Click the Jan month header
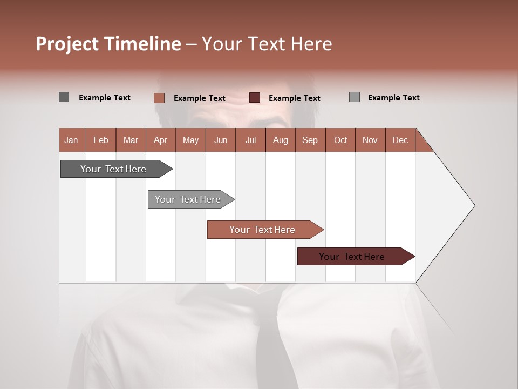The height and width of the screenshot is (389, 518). [x=71, y=140]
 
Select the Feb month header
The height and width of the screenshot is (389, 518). [x=101, y=140]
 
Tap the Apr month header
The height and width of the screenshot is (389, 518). [x=160, y=140]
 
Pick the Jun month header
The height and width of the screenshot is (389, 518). [x=221, y=140]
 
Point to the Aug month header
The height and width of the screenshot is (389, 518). [x=280, y=140]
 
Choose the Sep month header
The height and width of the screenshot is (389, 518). [x=310, y=140]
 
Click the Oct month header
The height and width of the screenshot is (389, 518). [x=340, y=140]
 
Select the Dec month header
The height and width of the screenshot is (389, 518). [x=400, y=140]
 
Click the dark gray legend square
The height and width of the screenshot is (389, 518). [x=64, y=97]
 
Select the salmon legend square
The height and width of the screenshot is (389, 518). [x=159, y=98]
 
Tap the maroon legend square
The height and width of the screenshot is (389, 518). [x=255, y=98]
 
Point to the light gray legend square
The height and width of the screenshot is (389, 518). [x=354, y=97]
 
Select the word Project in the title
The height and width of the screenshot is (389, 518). [x=67, y=44]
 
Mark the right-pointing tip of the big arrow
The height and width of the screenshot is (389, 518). [x=473, y=205]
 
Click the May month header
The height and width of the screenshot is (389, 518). [x=190, y=140]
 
